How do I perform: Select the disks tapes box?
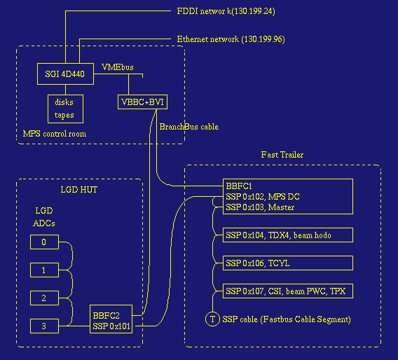pos(64,109)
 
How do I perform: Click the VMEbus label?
pos(118,67)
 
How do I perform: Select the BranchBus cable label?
pos(188,127)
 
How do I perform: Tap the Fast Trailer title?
pos(282,154)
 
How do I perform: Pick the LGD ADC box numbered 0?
pos(45,242)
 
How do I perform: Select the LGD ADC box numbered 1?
pos(45,270)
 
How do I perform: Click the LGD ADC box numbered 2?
pos(45,298)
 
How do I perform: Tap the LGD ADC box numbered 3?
pos(45,325)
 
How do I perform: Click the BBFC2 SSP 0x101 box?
pos(112,321)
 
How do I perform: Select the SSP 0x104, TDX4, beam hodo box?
pos(287,235)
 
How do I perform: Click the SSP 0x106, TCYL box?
pos(287,263)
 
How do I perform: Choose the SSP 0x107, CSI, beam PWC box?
pos(287,291)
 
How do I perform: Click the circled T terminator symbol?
pos(212,319)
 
